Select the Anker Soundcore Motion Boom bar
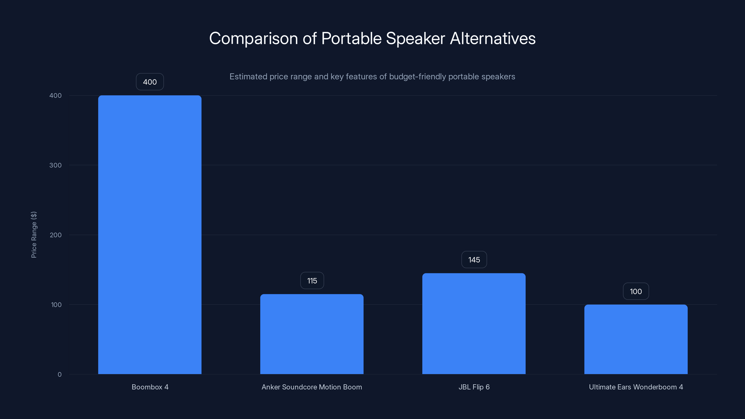point(312,334)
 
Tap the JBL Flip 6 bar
point(474,324)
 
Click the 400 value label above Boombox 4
point(150,82)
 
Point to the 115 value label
point(312,280)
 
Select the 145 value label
point(474,260)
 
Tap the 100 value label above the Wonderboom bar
point(636,291)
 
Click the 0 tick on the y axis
point(60,375)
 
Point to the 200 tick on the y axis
point(56,235)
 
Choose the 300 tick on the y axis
point(56,165)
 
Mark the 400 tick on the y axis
point(56,95)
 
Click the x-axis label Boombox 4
point(150,387)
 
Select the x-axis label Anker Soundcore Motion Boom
point(312,387)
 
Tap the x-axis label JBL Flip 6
point(474,387)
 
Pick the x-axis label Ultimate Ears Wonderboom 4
point(636,387)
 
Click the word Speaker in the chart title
point(415,38)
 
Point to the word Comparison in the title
point(253,38)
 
